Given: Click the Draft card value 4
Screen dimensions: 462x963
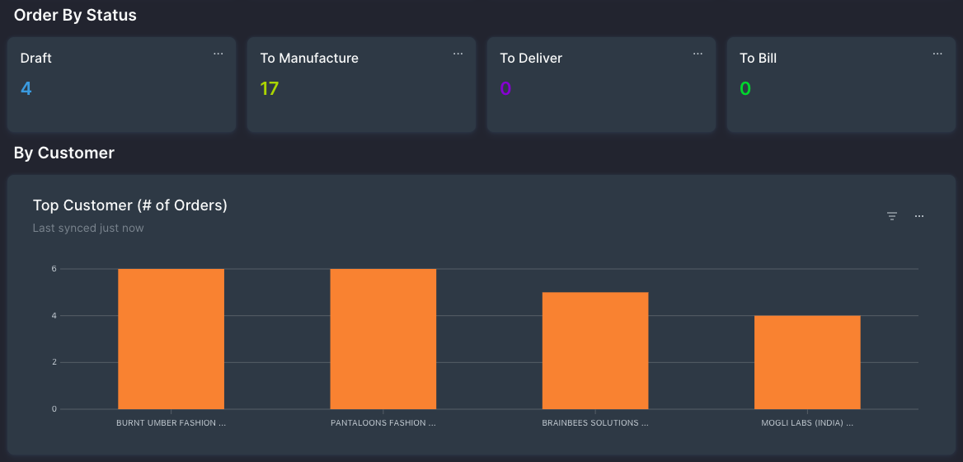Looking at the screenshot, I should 26,88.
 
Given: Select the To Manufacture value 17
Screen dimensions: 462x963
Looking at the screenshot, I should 270,88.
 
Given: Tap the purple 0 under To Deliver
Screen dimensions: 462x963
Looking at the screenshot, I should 505,88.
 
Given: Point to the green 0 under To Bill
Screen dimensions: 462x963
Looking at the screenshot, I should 745,88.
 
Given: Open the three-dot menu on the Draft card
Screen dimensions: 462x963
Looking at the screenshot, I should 218,54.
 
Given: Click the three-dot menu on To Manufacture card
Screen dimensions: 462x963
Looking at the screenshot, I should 458,54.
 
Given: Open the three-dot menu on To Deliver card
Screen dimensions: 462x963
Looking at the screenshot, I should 698,54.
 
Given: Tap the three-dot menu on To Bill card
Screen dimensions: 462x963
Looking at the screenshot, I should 937,54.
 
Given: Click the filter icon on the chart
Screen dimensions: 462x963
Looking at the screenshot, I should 891,216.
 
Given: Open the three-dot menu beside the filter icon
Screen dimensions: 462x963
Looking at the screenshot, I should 919,216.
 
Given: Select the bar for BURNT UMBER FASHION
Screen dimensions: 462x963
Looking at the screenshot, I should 171,338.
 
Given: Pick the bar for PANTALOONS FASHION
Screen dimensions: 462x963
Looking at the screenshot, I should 383,338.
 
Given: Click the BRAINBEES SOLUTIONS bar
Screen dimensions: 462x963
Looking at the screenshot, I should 595,351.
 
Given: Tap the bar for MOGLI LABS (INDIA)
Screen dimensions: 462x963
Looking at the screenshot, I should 807,362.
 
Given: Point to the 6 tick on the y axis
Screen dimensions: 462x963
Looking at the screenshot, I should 54,269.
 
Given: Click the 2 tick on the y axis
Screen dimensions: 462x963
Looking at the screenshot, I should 54,362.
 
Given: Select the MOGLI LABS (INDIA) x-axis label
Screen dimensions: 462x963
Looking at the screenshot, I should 807,423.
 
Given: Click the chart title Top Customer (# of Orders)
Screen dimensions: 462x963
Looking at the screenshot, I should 129,205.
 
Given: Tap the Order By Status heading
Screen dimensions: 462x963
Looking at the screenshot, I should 75,15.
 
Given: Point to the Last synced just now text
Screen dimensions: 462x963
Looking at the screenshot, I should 88,228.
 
